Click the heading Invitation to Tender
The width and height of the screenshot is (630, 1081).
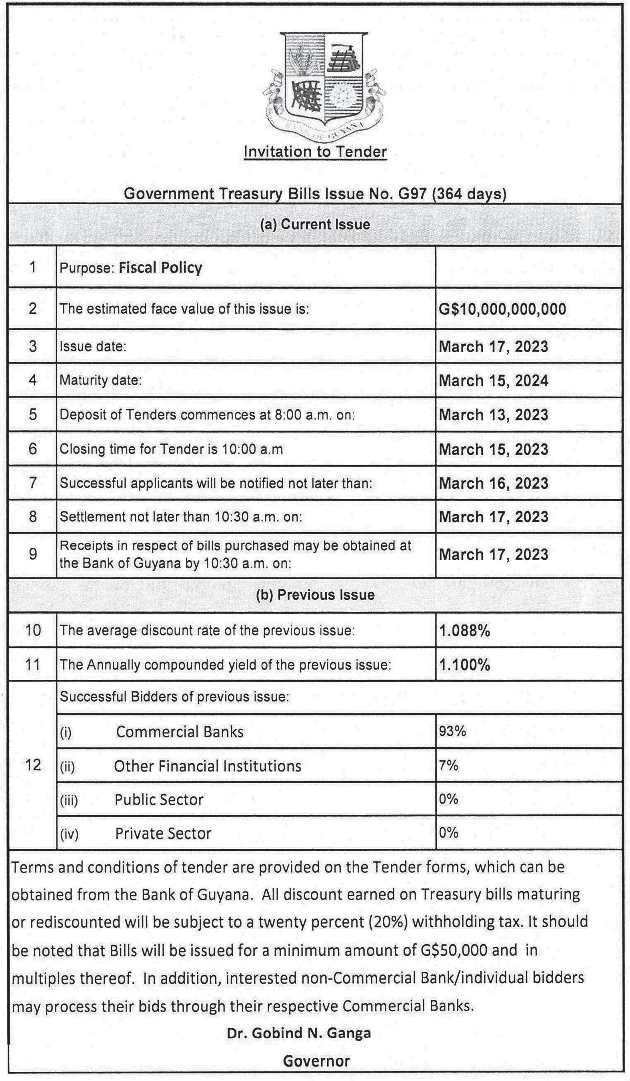click(315, 151)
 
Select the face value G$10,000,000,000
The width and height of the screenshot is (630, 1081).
click(502, 309)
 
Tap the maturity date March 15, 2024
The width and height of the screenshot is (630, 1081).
click(493, 380)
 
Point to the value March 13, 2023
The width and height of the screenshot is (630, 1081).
click(493, 415)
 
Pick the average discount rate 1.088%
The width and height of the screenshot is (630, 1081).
click(464, 631)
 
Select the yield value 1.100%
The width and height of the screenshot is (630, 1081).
click(464, 665)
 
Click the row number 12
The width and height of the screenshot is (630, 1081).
click(33, 764)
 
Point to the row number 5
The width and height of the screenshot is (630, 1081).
click(33, 414)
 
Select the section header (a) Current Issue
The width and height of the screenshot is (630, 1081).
click(315, 224)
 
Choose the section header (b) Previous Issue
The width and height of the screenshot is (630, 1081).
click(315, 595)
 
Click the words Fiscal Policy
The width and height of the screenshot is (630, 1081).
click(160, 268)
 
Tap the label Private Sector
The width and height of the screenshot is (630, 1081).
click(163, 834)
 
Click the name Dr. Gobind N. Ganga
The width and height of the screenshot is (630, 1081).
click(299, 1033)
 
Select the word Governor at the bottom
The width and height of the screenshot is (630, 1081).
click(316, 1061)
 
